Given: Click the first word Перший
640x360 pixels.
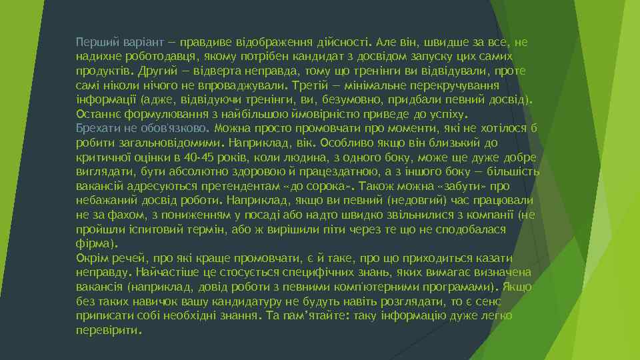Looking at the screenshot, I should point(94,42).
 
